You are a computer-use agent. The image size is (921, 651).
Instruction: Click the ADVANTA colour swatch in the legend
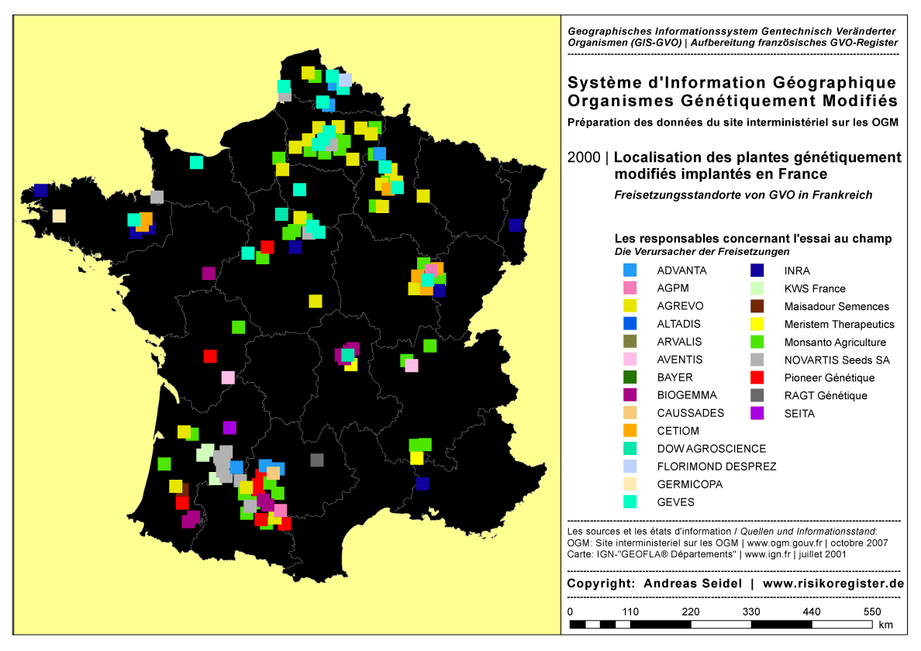click(x=630, y=270)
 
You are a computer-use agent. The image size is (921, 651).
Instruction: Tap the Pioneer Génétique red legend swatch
click(x=758, y=377)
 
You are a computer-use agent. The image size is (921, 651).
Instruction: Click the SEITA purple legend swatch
click(x=758, y=413)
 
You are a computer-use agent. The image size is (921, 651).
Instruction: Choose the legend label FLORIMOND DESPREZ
click(x=716, y=467)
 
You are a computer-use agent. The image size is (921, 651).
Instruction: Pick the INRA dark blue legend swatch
click(x=758, y=270)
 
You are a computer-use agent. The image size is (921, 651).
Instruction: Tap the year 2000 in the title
click(x=583, y=157)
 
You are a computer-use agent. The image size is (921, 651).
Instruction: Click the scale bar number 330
click(x=751, y=611)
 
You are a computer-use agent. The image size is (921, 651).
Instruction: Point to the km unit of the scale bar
click(x=886, y=625)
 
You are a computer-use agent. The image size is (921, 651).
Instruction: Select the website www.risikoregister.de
click(x=833, y=584)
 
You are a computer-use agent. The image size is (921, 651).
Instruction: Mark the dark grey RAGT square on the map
click(x=316, y=460)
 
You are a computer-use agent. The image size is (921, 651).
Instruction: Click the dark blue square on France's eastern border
click(x=516, y=226)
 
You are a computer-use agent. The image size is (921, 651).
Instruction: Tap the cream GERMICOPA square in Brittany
click(x=59, y=216)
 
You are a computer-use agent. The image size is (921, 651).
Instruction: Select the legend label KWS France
click(x=815, y=288)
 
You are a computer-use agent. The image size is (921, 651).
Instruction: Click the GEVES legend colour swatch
click(x=630, y=501)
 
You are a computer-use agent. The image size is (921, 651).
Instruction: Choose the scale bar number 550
click(x=872, y=611)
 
